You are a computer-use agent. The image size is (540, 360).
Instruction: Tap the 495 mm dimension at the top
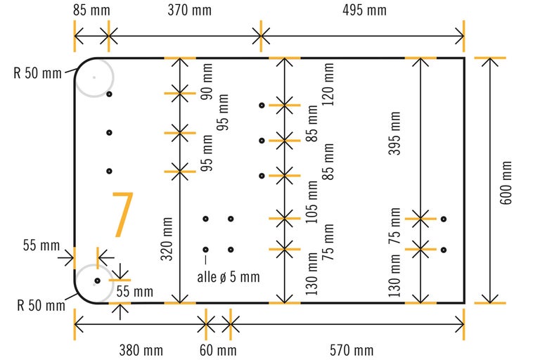click(x=364, y=11)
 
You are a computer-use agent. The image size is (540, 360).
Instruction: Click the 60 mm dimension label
click(x=217, y=349)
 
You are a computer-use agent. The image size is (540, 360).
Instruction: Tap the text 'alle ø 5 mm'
click(x=229, y=276)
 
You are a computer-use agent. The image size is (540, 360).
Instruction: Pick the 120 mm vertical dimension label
click(x=328, y=84)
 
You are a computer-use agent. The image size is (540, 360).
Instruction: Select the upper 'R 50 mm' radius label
click(x=37, y=72)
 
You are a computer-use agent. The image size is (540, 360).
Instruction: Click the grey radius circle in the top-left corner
click(x=94, y=77)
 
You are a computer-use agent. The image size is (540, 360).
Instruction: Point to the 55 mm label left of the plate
click(x=41, y=245)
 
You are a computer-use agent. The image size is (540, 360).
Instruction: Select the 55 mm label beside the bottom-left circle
click(x=134, y=290)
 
